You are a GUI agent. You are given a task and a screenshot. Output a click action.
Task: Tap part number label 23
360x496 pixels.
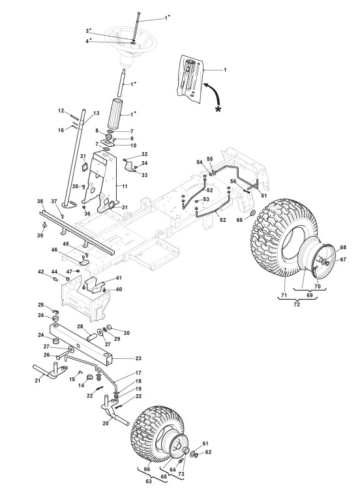(138, 358)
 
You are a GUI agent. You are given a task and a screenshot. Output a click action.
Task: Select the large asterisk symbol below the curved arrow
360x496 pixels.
(218, 109)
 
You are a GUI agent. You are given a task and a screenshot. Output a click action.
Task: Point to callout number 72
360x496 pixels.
(297, 304)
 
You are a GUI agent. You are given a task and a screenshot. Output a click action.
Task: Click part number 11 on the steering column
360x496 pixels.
(125, 186)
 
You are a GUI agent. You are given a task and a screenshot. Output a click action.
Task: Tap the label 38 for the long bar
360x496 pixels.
(40, 201)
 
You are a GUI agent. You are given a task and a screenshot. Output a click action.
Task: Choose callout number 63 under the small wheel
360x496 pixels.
(148, 482)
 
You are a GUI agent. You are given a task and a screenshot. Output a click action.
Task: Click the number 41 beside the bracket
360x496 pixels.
(119, 278)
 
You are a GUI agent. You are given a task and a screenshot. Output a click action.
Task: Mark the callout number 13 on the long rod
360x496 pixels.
(96, 113)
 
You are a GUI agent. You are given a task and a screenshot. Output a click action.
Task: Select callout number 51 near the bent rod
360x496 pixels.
(263, 196)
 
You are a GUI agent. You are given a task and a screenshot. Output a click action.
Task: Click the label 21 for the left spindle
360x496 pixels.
(38, 380)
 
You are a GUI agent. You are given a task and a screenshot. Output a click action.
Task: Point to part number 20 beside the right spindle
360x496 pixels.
(106, 424)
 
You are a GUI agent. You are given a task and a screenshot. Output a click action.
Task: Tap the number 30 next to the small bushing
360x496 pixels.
(127, 333)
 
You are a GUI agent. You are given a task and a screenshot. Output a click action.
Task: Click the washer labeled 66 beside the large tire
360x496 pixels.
(253, 212)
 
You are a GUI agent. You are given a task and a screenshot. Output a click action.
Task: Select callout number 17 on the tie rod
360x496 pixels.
(138, 373)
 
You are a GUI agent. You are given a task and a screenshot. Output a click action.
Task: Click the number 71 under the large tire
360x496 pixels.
(284, 296)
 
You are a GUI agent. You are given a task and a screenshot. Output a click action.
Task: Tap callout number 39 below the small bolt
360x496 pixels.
(40, 236)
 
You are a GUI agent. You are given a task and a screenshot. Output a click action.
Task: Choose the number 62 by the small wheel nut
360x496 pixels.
(208, 452)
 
